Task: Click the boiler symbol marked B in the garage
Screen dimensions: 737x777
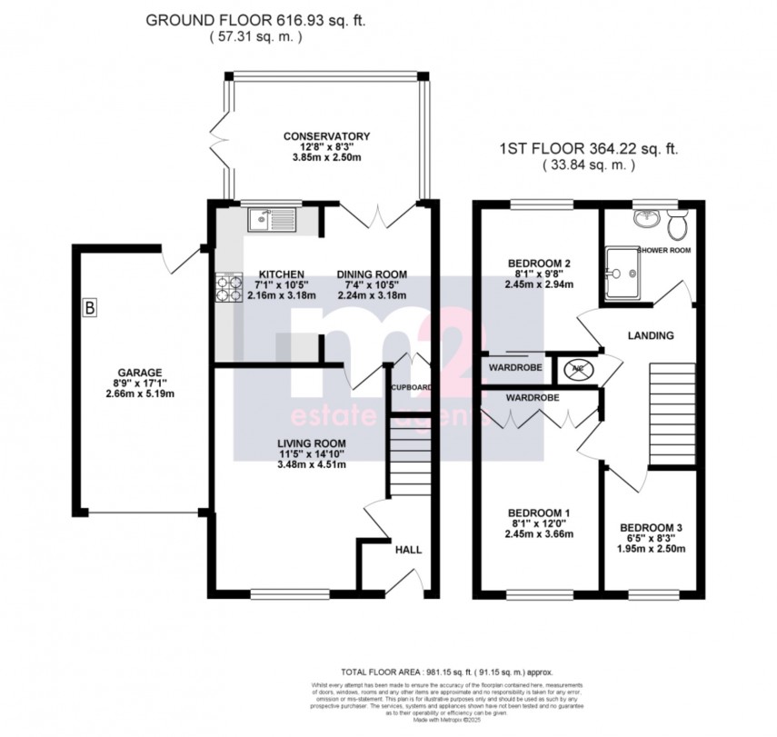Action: pyautogui.click(x=89, y=309)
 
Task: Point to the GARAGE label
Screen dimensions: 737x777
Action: pyautogui.click(x=138, y=373)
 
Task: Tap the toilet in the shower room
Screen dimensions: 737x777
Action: pyautogui.click(x=676, y=221)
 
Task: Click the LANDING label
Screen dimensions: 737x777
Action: pyautogui.click(x=651, y=335)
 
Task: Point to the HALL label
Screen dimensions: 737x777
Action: pyautogui.click(x=406, y=550)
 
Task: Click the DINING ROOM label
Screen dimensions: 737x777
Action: pyautogui.click(x=372, y=274)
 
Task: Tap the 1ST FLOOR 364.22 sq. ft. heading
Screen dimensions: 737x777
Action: pyautogui.click(x=588, y=148)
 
